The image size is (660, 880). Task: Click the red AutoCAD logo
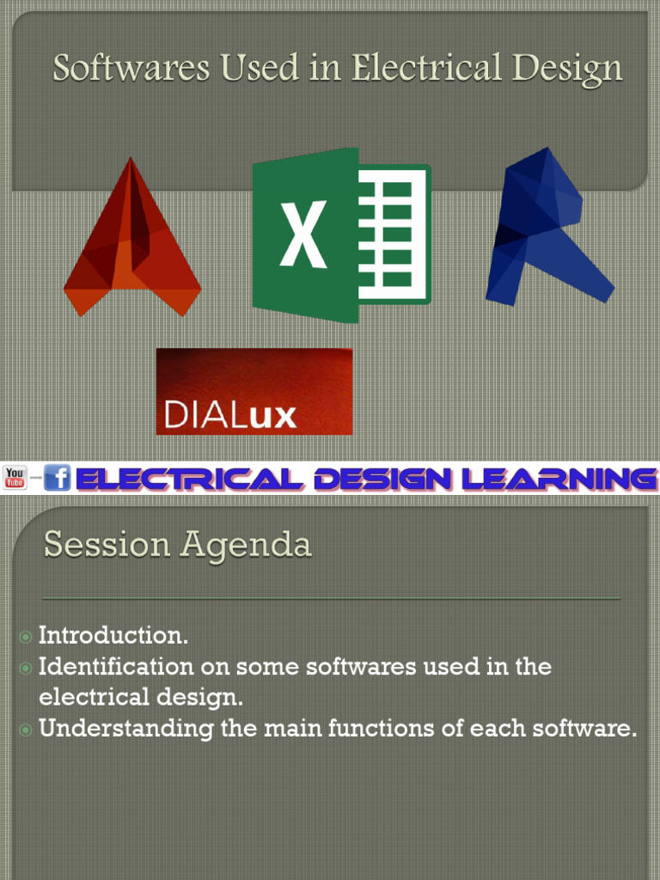coord(131,245)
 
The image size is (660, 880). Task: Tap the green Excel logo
coord(341,235)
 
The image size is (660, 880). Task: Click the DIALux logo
coord(254,392)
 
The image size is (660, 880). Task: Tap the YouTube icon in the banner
coord(15,478)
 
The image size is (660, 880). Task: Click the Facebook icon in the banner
coord(58,478)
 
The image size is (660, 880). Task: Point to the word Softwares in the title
coord(132,68)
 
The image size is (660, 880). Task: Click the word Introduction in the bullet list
coord(113,636)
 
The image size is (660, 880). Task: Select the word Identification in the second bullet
coord(116,667)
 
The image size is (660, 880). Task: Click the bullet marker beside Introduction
coord(26,637)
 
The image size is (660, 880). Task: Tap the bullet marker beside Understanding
coord(26,730)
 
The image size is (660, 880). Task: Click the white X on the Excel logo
coord(303,235)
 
